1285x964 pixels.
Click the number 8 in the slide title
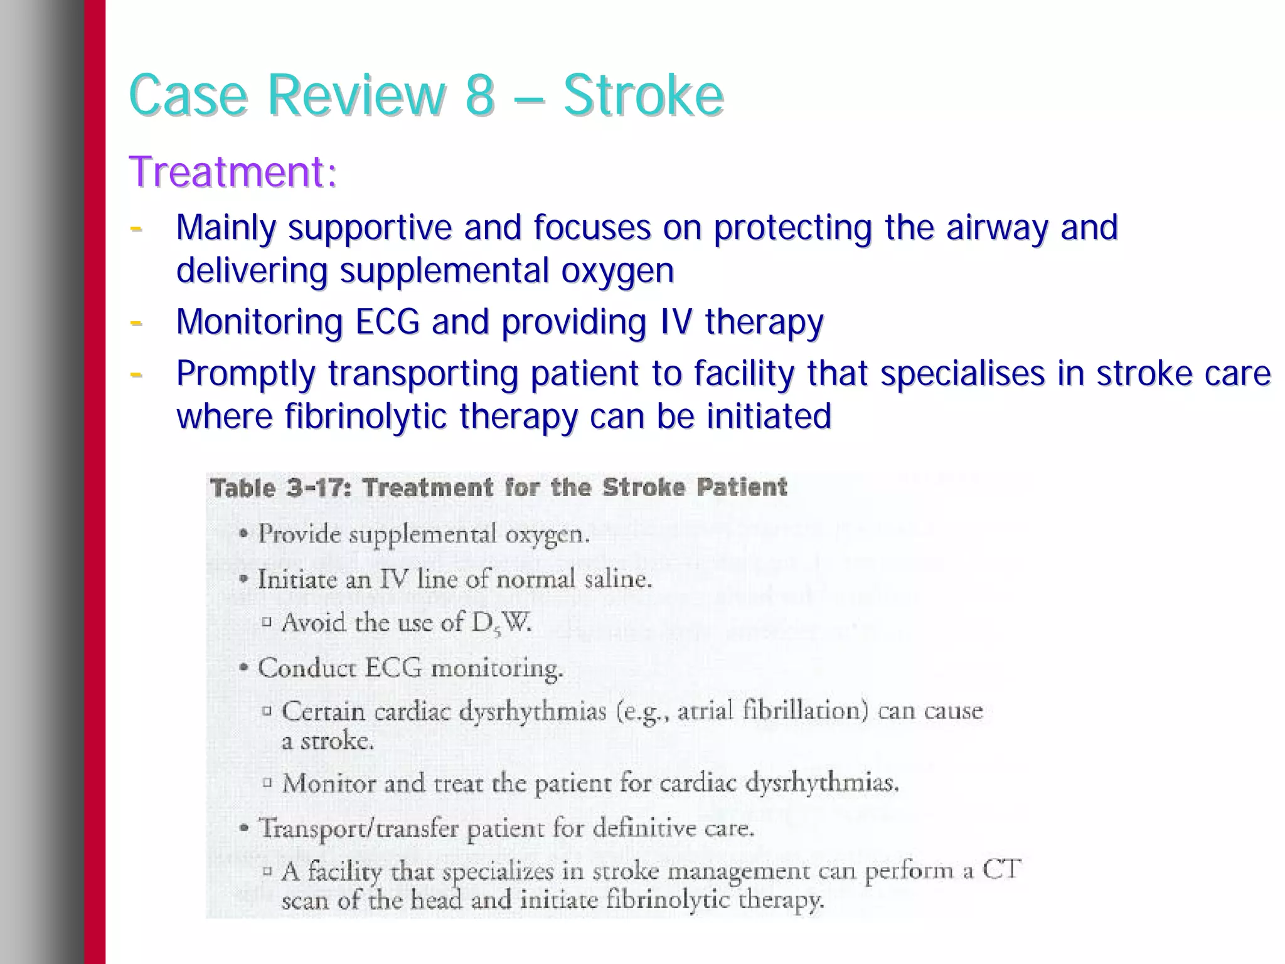point(479,95)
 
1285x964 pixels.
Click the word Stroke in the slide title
point(643,95)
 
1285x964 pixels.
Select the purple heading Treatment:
point(233,172)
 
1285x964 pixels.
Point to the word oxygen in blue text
point(617,271)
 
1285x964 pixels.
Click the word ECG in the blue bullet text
point(387,322)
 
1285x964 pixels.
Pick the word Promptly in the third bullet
point(245,374)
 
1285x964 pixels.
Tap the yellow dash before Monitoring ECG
point(136,323)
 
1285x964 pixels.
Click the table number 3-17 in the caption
point(316,488)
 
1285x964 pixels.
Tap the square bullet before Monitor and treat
point(267,782)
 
